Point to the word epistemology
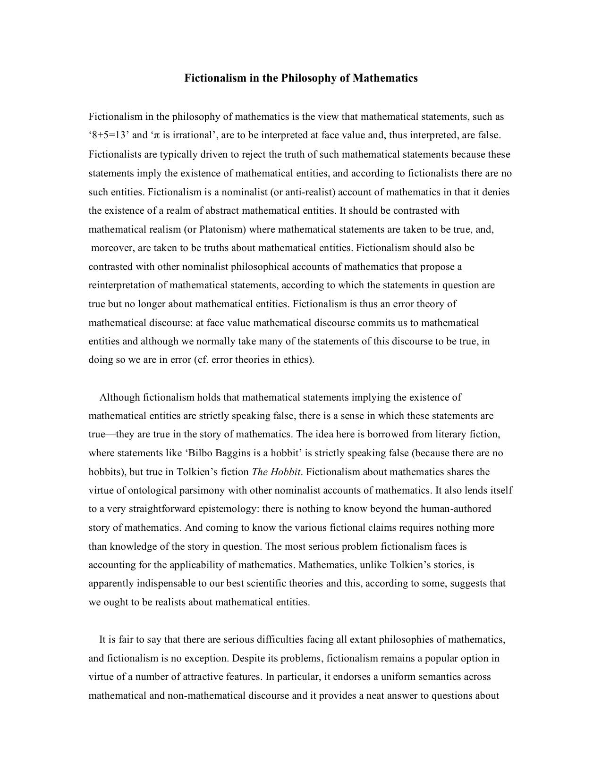click(x=229, y=509)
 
